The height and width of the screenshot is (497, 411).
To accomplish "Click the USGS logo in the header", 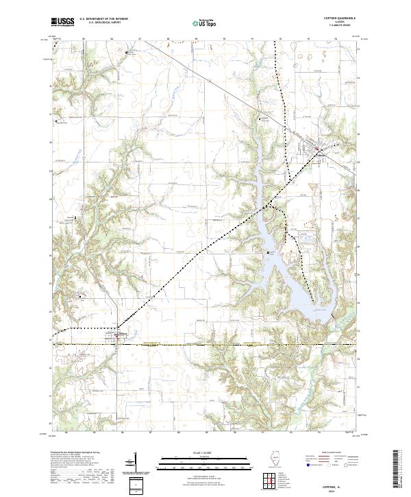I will pos(63,22).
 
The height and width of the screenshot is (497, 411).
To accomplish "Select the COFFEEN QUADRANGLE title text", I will pos(345,19).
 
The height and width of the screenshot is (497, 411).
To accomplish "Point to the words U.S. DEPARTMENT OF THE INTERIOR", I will pos(103,19).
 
